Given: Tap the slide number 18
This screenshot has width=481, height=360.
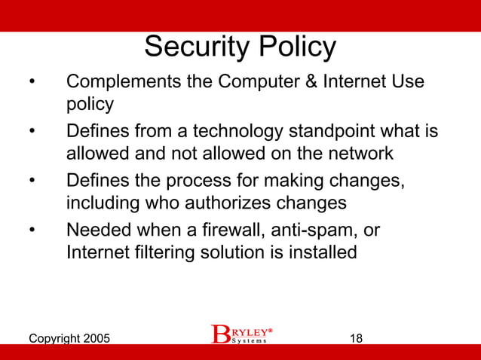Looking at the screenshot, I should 357,338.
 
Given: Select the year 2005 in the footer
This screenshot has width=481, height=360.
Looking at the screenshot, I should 95,338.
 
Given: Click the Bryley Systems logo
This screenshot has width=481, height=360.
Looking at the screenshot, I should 240,334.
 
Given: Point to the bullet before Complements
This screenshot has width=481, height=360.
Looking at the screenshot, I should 32,81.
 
